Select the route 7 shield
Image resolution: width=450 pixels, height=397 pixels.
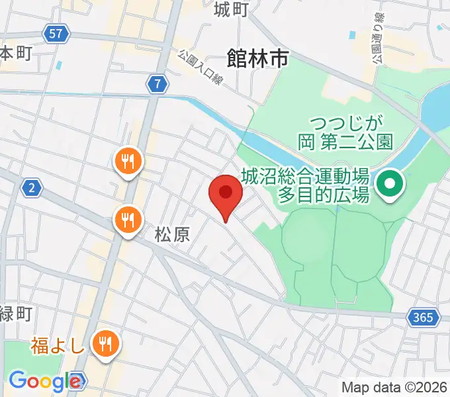click(157, 84)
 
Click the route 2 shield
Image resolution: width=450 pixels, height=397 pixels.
click(31, 189)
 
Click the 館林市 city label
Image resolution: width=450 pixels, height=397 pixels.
click(257, 60)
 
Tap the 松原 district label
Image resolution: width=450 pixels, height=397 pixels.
click(173, 234)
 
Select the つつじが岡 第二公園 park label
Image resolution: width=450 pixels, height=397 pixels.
click(351, 132)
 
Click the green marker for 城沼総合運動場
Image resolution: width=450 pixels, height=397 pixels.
click(390, 185)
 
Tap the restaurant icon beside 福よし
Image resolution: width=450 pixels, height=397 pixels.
click(105, 343)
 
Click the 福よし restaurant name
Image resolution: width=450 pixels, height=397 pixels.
click(58, 345)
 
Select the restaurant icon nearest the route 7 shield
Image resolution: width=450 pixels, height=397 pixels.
click(126, 161)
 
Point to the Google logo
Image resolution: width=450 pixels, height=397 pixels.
click(45, 381)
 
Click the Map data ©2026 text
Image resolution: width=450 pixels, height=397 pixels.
click(394, 387)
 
